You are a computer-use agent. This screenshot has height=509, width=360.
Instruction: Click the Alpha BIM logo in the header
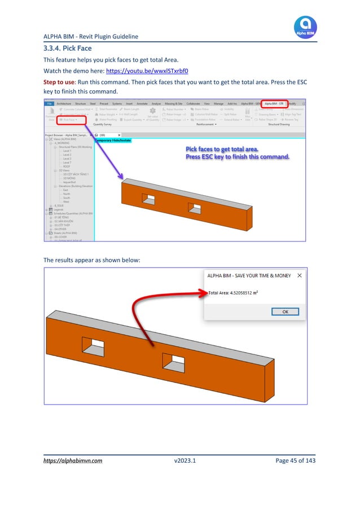click(305, 26)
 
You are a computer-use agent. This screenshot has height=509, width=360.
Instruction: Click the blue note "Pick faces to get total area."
click(222, 148)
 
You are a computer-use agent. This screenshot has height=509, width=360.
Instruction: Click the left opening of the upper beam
click(150, 199)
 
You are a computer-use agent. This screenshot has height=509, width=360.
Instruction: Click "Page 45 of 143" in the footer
click(295, 460)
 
